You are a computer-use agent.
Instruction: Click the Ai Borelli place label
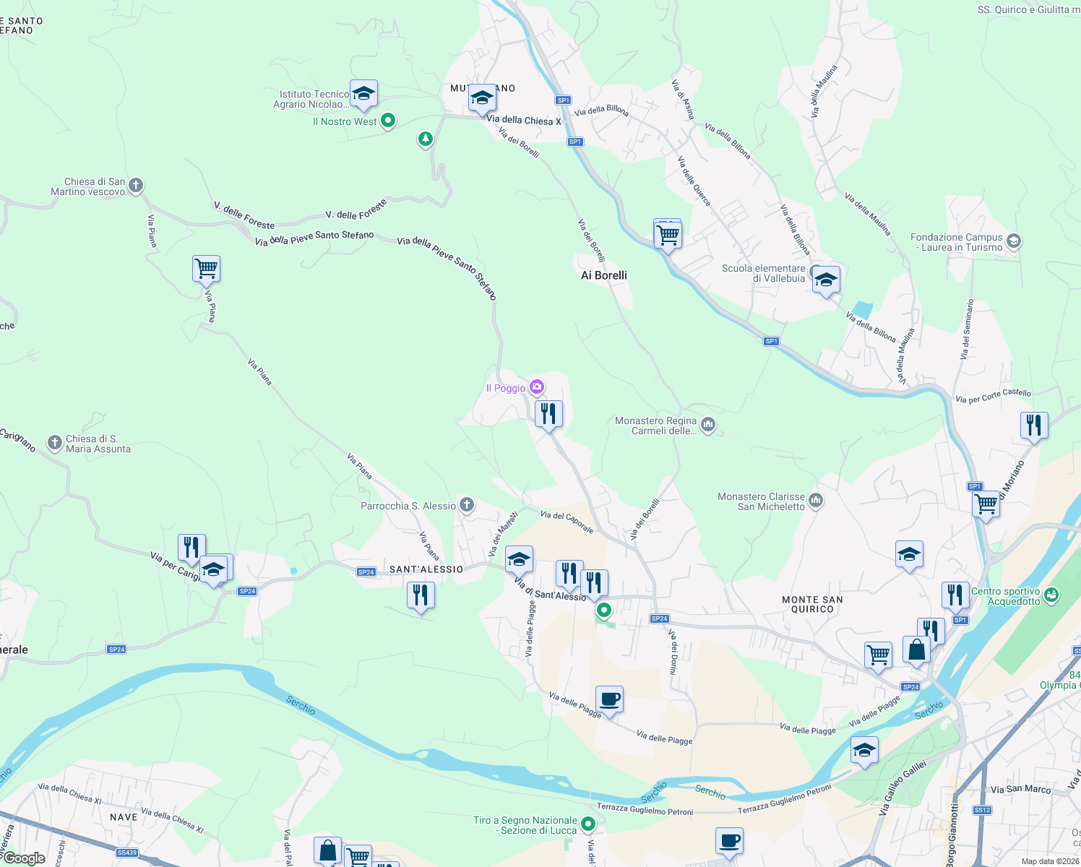tap(604, 275)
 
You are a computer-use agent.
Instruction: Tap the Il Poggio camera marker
tap(537, 388)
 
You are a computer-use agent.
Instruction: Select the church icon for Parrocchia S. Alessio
tap(467, 505)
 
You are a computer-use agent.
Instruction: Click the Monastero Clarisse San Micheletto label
tap(761, 501)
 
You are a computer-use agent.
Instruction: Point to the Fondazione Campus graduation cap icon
tap(1013, 241)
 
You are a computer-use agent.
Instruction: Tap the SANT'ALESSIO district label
tap(426, 569)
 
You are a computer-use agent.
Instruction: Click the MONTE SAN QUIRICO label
tap(812, 604)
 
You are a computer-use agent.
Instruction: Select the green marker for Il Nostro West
tap(388, 121)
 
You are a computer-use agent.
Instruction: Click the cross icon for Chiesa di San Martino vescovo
tap(135, 186)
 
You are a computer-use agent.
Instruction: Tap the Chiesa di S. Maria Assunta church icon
tap(55, 443)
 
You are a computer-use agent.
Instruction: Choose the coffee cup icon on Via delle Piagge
tap(609, 699)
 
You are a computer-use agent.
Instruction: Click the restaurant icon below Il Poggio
tap(548, 414)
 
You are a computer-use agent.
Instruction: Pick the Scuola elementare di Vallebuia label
tap(763, 273)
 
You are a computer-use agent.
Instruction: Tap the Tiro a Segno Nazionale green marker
tap(588, 824)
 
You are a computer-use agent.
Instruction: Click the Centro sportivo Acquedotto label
tap(1005, 596)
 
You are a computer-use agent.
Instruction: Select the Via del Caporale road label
tap(567, 522)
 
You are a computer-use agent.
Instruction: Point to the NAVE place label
tap(124, 817)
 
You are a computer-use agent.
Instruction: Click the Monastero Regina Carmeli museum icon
tap(708, 424)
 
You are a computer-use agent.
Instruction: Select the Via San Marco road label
tap(1020, 789)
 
